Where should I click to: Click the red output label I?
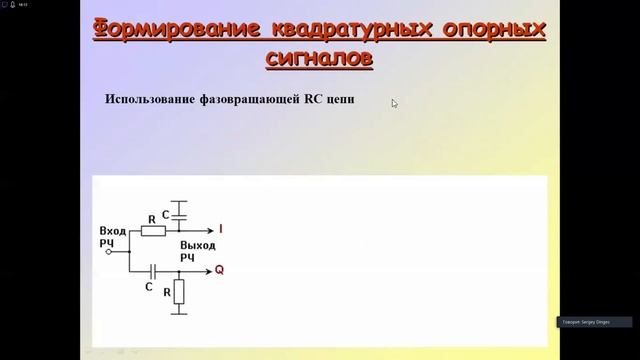click(x=220, y=230)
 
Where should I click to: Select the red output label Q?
click(x=219, y=270)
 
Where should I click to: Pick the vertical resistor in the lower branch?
click(x=179, y=292)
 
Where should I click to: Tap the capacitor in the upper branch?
click(x=179, y=213)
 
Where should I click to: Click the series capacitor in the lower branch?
click(x=152, y=270)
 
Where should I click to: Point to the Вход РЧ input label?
click(x=112, y=236)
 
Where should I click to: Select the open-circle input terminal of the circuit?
click(x=109, y=252)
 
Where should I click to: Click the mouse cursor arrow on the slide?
click(x=394, y=102)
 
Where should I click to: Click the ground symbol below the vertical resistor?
click(x=179, y=314)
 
